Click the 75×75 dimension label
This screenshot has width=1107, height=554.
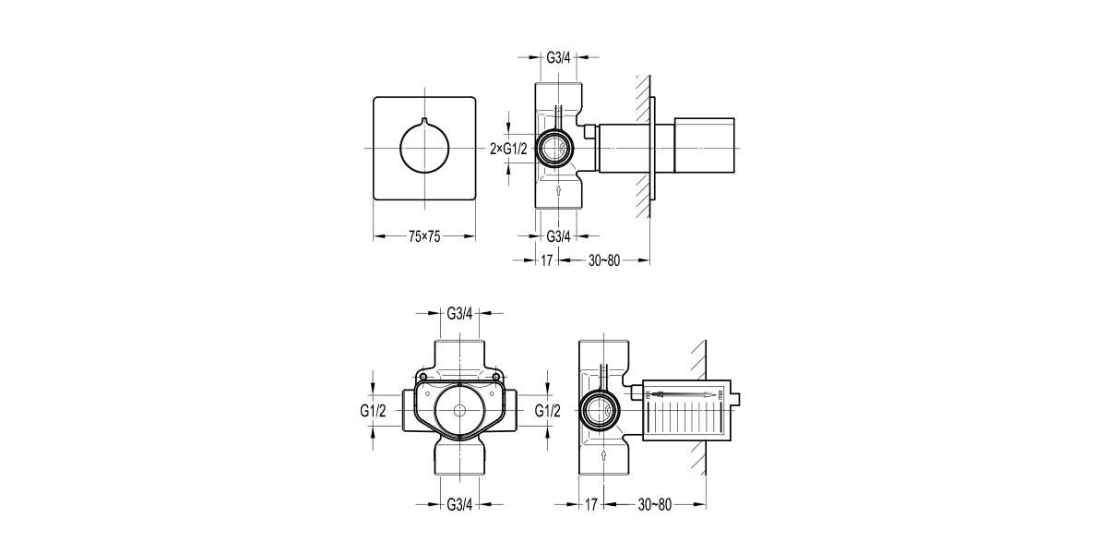pyautogui.click(x=424, y=237)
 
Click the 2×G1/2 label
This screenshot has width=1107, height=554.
pyautogui.click(x=508, y=148)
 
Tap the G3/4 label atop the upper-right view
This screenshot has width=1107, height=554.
pyautogui.click(x=559, y=56)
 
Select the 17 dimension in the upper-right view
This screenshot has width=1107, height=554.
pyautogui.click(x=546, y=260)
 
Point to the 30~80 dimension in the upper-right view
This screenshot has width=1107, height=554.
pyautogui.click(x=605, y=260)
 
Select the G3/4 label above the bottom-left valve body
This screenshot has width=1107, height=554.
pyautogui.click(x=459, y=313)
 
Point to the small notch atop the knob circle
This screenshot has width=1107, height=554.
pyautogui.click(x=424, y=121)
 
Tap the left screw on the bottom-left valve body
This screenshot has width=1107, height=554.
pyautogui.click(x=422, y=378)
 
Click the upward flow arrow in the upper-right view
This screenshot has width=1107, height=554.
pyautogui.click(x=559, y=191)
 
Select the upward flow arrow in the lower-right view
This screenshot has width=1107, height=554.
pyautogui.click(x=601, y=454)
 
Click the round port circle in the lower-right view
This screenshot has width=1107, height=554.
pyautogui.click(x=601, y=409)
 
